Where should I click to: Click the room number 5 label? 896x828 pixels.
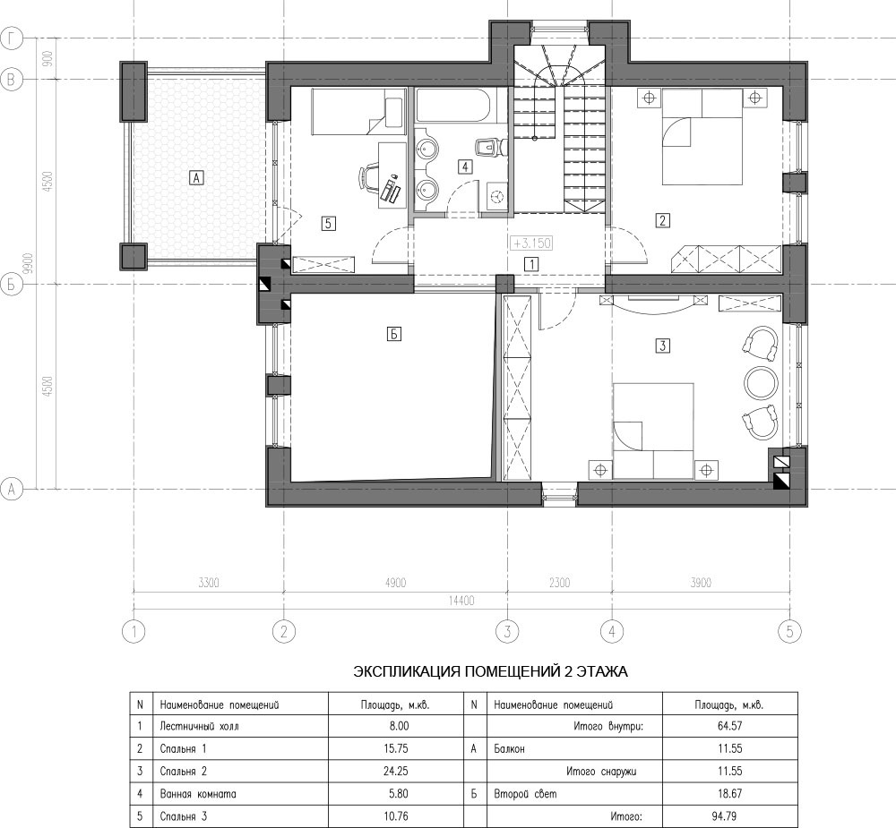pyautogui.click(x=328, y=223)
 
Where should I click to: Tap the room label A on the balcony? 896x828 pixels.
pyautogui.click(x=196, y=178)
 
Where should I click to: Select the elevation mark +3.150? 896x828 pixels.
pyautogui.click(x=531, y=243)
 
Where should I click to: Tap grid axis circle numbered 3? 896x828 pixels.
pyautogui.click(x=506, y=632)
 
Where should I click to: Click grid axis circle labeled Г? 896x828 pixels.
pyautogui.click(x=11, y=38)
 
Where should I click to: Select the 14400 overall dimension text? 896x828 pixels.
pyautogui.click(x=461, y=601)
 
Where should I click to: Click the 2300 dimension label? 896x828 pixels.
pyautogui.click(x=559, y=583)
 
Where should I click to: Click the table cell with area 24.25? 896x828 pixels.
pyautogui.click(x=396, y=771)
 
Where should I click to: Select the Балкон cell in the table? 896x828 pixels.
pyautogui.click(x=573, y=748)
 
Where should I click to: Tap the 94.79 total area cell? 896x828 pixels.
pyautogui.click(x=729, y=816)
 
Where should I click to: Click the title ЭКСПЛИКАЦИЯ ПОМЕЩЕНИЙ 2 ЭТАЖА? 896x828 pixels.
pyautogui.click(x=490, y=671)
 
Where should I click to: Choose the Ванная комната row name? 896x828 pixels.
pyautogui.click(x=198, y=794)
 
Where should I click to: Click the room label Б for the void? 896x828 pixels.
pyautogui.click(x=393, y=334)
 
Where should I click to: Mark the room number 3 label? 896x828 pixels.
pyautogui.click(x=662, y=346)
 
